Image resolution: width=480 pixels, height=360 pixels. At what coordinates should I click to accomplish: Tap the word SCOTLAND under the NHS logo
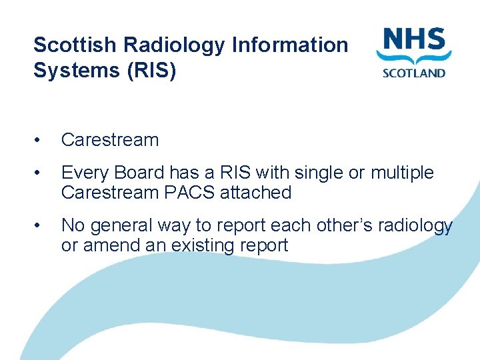point(413,72)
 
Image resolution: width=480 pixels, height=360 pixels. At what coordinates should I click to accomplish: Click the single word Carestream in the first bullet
point(110,140)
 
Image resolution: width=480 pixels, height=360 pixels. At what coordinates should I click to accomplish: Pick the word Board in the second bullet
point(140,173)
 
